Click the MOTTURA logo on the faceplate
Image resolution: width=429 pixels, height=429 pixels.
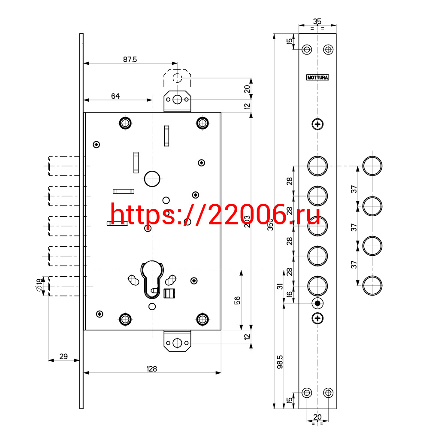click(317, 77)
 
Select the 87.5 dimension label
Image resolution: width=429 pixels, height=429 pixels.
click(130, 59)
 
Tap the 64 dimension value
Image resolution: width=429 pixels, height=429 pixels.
click(115, 96)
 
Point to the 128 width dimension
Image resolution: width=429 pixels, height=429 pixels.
click(152, 369)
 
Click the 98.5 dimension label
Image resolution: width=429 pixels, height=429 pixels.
click(280, 362)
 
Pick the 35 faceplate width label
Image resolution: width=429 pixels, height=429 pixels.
click(317, 21)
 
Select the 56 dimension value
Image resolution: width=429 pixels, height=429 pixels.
click(237, 300)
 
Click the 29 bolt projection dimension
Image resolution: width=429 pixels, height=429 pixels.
click(63, 356)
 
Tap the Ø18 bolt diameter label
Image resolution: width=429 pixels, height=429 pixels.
click(39, 285)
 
